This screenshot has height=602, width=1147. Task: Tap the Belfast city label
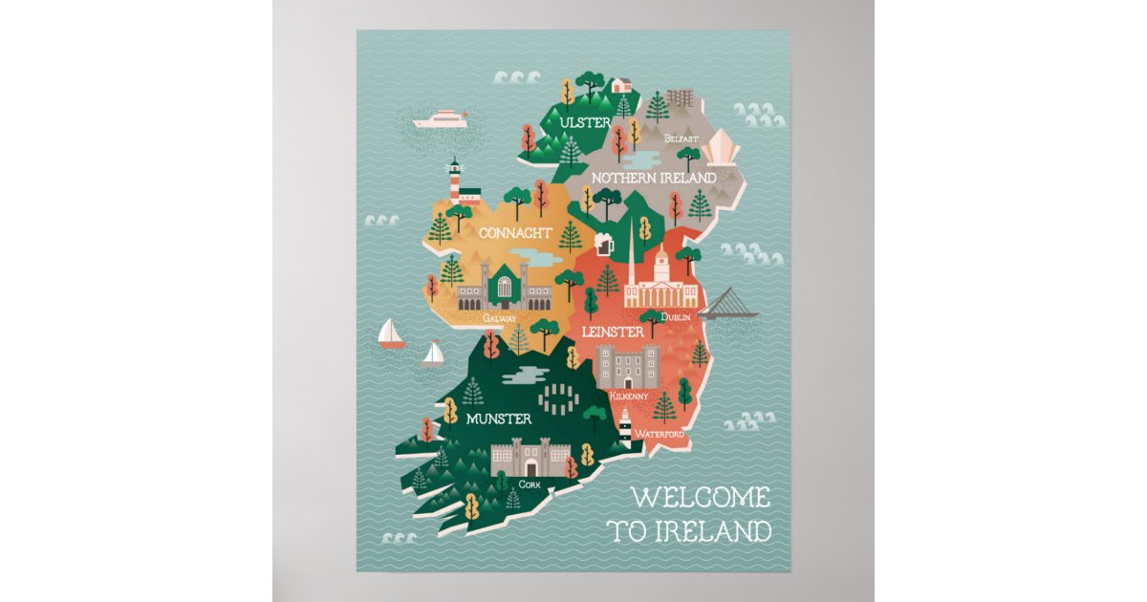(x=682, y=139)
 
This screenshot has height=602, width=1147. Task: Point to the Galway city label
(x=499, y=317)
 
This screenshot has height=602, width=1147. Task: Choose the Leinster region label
(x=612, y=332)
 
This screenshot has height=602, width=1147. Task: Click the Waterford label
(x=659, y=434)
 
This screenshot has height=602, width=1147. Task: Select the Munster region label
(x=499, y=419)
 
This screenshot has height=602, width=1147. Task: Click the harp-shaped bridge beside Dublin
(x=728, y=303)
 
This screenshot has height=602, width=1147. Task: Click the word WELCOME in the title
(x=701, y=498)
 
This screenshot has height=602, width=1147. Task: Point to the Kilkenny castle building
(x=628, y=366)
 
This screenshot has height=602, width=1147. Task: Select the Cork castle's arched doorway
(x=530, y=467)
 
